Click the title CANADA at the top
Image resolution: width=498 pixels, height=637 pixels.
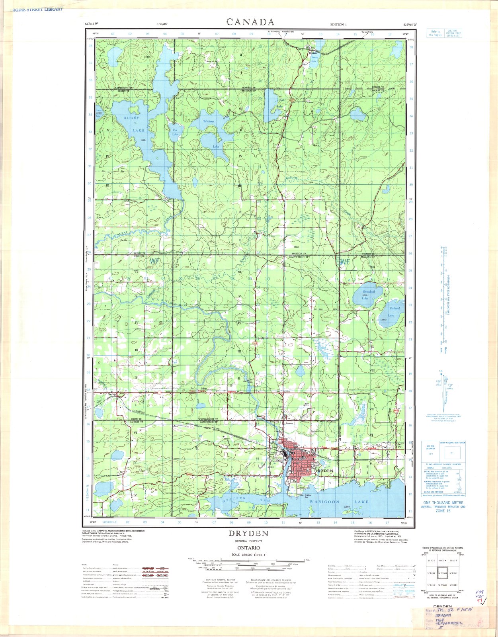(250, 22)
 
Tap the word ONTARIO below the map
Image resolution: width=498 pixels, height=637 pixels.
(248, 548)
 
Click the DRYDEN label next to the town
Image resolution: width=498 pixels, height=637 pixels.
(323, 471)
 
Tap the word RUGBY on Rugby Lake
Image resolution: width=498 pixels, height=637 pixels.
(132, 119)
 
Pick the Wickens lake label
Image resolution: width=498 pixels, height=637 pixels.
(209, 121)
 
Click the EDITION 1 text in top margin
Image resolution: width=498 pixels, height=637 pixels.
(338, 25)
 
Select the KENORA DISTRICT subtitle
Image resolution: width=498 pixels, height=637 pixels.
(248, 541)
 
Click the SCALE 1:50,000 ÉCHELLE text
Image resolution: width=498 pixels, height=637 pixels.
(248, 555)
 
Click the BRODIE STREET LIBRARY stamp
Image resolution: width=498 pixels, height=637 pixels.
(32, 9)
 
